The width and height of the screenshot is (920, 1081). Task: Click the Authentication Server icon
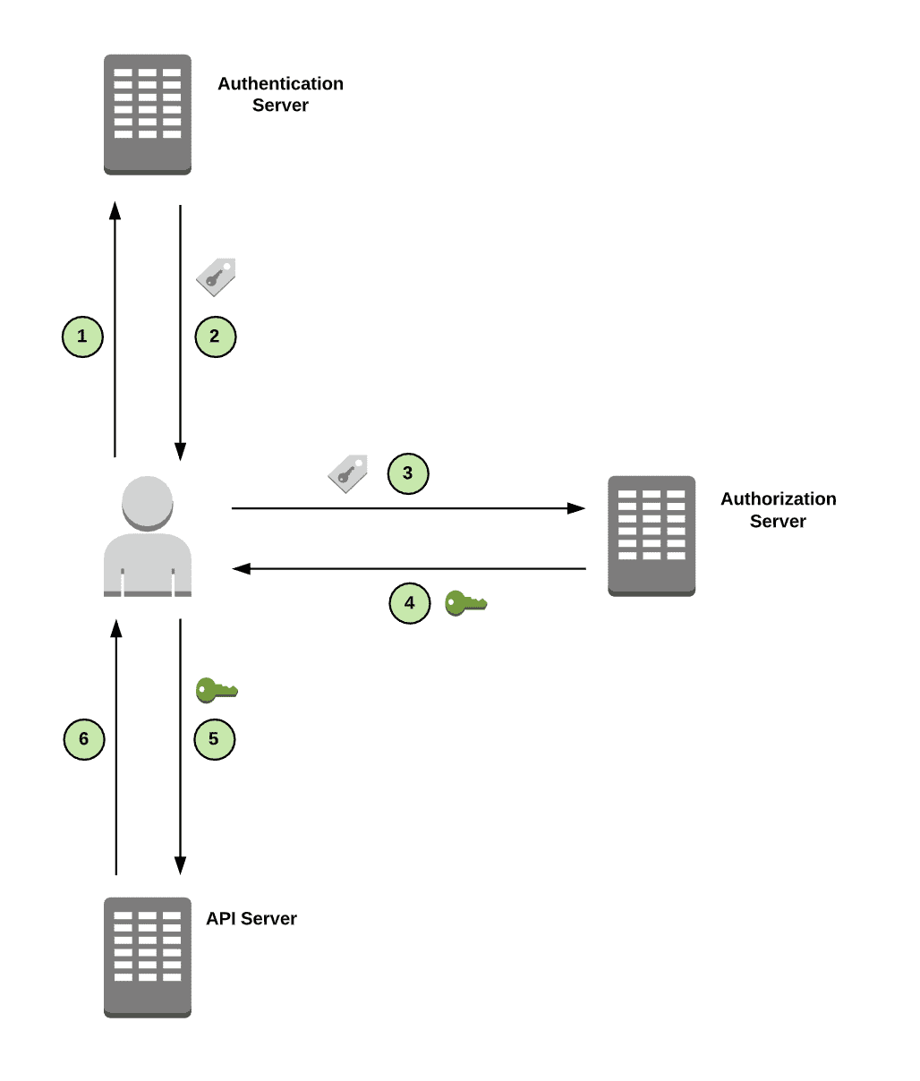click(x=148, y=114)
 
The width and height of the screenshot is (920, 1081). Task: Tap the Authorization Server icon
click(x=652, y=535)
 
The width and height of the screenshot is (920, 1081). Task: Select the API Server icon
click(x=148, y=957)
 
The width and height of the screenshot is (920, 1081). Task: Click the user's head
click(x=148, y=503)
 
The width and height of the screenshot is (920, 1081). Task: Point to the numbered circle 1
click(x=82, y=336)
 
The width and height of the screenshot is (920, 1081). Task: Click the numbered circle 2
click(x=215, y=336)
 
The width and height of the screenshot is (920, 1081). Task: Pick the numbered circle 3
click(x=408, y=473)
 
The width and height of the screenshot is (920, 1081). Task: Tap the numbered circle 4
click(x=410, y=603)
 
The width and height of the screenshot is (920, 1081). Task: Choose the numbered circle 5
click(x=214, y=739)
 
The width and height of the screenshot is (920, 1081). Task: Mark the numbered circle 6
click(x=84, y=739)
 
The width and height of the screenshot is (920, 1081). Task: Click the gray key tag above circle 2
click(x=216, y=277)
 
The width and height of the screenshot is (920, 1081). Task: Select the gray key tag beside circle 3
click(x=348, y=473)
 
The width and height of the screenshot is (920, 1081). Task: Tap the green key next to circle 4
click(x=465, y=603)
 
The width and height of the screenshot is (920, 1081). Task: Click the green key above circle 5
click(x=217, y=690)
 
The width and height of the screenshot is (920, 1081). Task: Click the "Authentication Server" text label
click(x=280, y=94)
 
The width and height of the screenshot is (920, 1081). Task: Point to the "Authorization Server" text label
click(x=779, y=509)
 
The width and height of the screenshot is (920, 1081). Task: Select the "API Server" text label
click(x=251, y=918)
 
